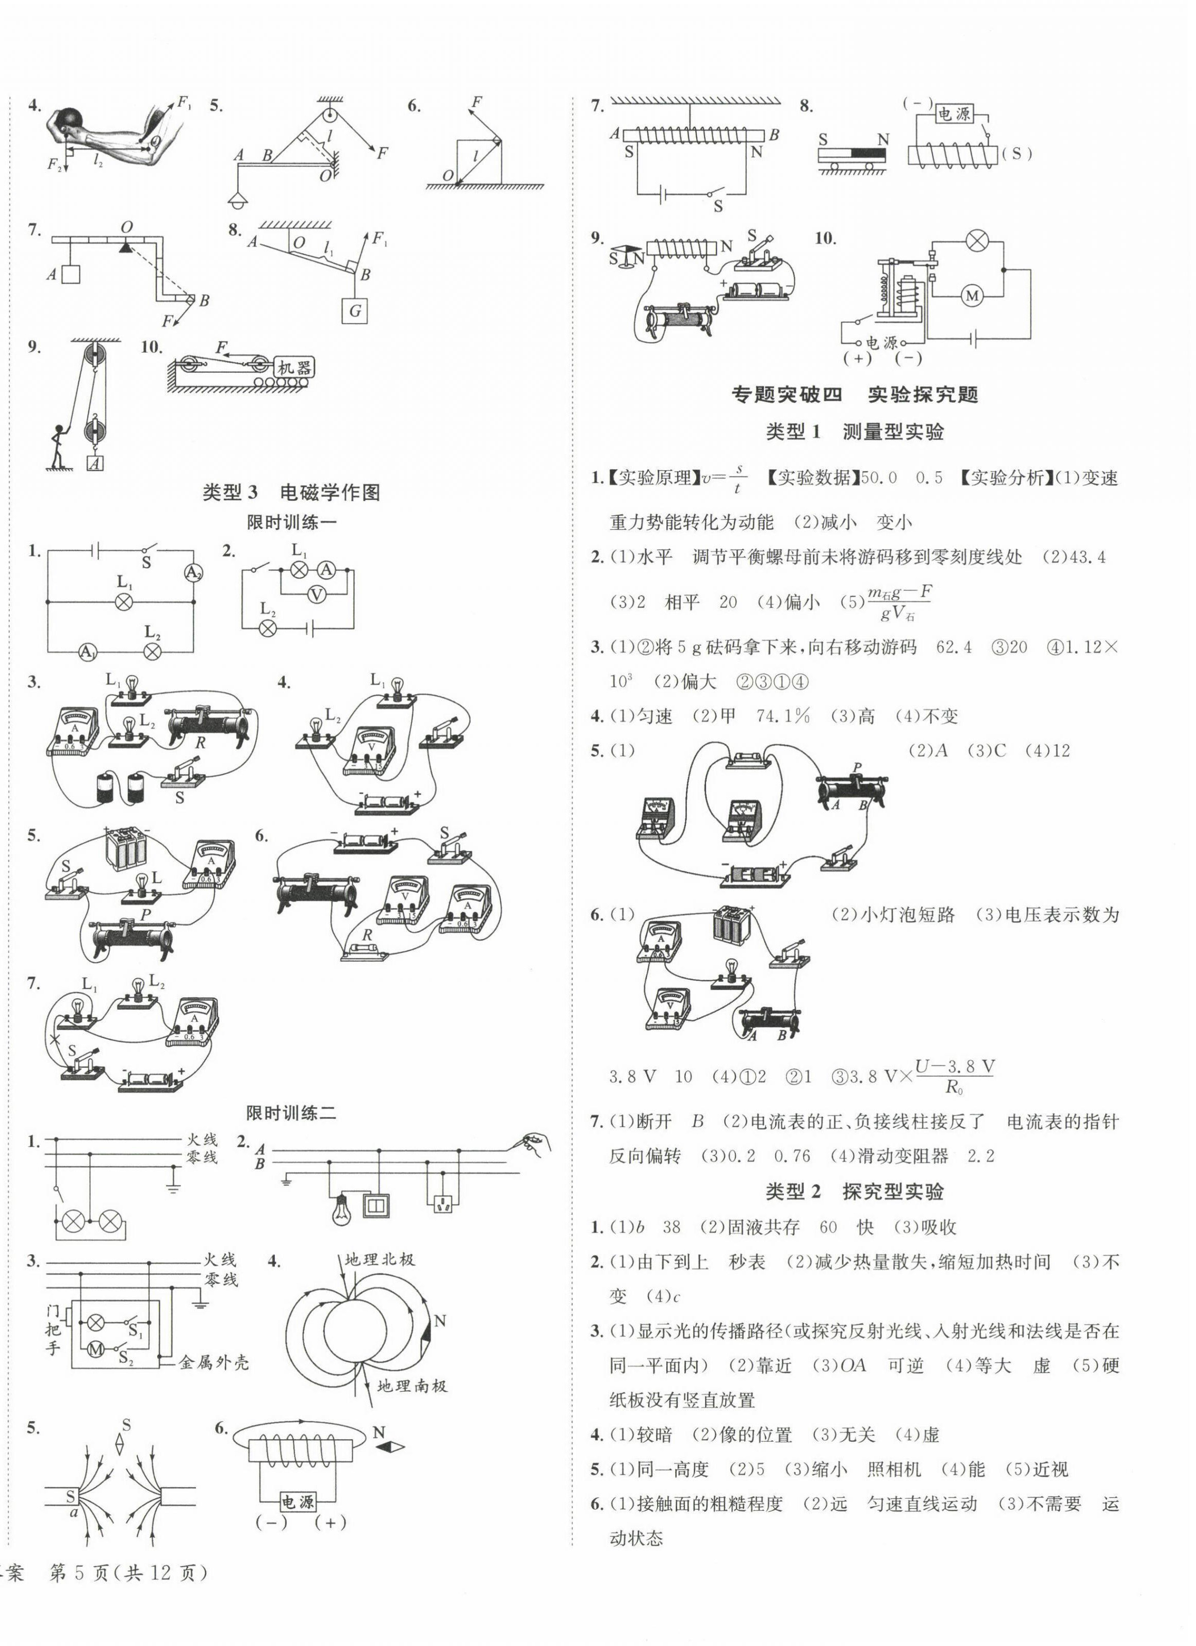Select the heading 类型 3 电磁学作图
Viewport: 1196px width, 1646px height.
(x=291, y=492)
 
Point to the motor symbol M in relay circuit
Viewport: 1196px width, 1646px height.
(x=971, y=295)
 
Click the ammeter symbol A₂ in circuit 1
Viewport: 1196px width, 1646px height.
(x=192, y=572)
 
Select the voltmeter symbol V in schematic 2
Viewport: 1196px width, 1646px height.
(x=316, y=594)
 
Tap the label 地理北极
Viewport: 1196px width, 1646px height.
(x=380, y=1259)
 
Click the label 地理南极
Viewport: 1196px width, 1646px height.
(x=412, y=1386)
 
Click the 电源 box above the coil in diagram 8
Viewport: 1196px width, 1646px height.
(x=953, y=114)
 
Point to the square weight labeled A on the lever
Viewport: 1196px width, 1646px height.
(x=70, y=274)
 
